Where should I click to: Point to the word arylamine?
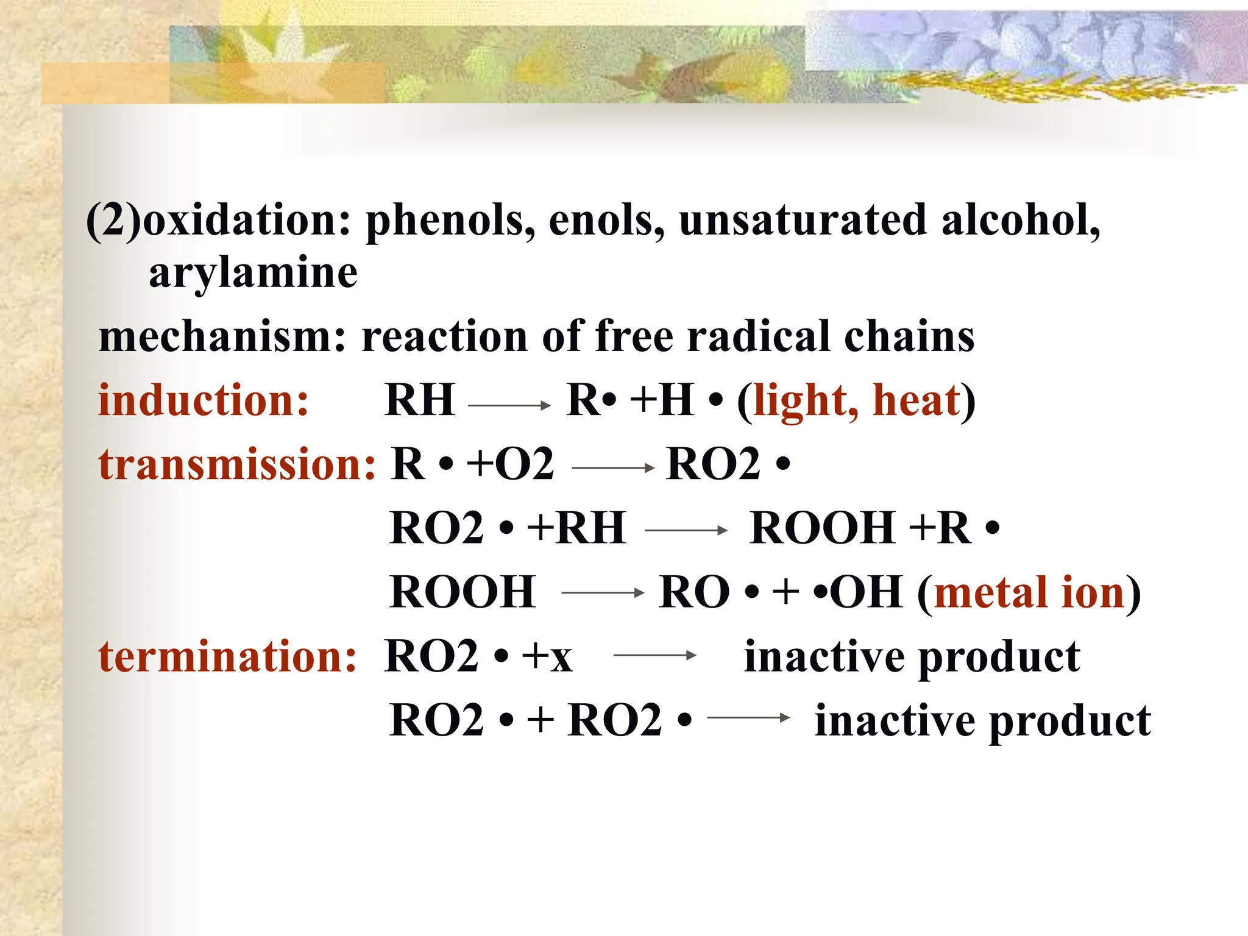[253, 273]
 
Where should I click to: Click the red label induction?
[204, 401]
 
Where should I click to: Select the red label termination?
[227, 657]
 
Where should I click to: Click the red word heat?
[916, 401]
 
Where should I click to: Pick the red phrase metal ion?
[1029, 592]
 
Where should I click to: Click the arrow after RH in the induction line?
[509, 405]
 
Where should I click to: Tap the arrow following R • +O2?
[613, 468]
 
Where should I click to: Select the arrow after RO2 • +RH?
[686, 531]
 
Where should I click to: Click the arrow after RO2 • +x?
[655, 656]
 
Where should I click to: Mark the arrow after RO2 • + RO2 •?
[749, 718]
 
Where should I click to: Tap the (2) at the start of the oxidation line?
[113, 221]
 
